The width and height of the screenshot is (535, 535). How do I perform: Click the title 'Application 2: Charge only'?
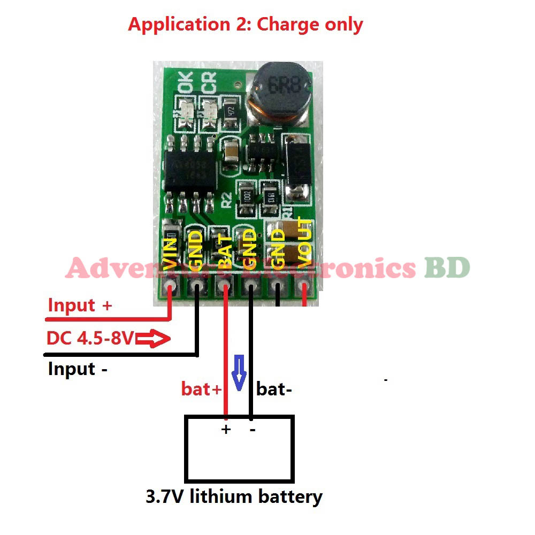click(245, 25)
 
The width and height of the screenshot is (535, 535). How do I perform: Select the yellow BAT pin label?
click(225, 252)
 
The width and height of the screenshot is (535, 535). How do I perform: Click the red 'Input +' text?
click(80, 305)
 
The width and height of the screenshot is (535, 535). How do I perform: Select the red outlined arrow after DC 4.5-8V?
click(153, 339)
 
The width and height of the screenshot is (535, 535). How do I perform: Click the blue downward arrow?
click(239, 372)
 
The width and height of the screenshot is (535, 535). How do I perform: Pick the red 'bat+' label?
click(201, 389)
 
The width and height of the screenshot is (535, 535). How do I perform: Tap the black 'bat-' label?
click(274, 389)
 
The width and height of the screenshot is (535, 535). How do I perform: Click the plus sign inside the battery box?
click(226, 429)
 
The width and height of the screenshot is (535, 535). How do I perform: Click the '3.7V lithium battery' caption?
click(234, 496)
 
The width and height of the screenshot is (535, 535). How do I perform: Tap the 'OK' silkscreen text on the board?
click(182, 83)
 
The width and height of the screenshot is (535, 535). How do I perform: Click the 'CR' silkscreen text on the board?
click(209, 83)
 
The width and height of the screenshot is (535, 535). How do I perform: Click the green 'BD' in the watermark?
click(447, 267)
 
